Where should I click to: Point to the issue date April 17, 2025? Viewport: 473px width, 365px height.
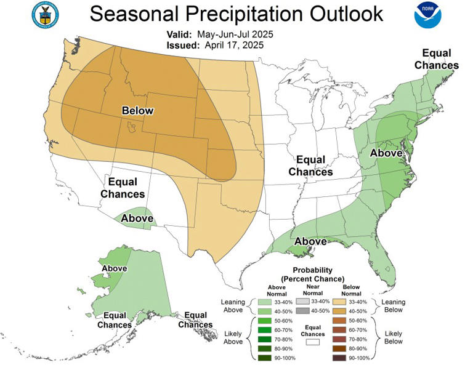tap(231, 45)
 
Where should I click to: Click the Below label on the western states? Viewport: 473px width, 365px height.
tap(137, 111)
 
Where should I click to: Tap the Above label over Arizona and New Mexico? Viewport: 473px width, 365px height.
tap(137, 218)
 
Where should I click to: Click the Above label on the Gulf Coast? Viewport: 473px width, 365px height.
tap(311, 241)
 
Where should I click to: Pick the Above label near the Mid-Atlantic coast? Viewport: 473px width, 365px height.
tap(386, 152)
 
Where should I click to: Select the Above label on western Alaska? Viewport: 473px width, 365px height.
tap(114, 268)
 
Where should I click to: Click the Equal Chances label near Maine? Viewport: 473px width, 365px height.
tap(436, 59)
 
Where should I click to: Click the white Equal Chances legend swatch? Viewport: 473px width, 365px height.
tap(315, 339)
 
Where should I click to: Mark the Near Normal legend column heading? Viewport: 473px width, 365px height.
tap(314, 289)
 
